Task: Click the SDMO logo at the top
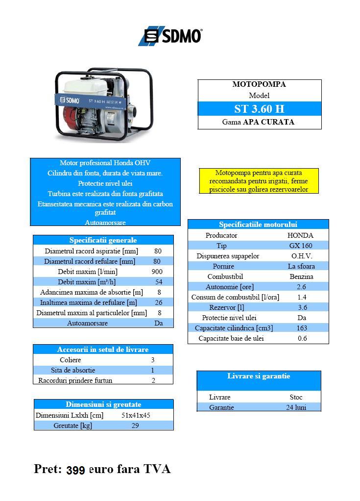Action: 170,36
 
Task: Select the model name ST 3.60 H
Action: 259,108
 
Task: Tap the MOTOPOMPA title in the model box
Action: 259,84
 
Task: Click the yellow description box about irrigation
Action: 259,181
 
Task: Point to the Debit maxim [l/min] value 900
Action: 157,272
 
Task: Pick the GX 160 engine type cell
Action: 300,246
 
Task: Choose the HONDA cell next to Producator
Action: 300,235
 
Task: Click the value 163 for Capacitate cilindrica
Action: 302,328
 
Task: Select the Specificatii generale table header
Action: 103,240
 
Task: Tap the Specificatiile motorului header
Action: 258,225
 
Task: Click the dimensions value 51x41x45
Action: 136,415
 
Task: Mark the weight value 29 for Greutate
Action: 135,426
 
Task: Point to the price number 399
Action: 75,470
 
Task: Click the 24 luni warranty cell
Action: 296,407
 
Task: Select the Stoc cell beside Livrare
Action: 296,397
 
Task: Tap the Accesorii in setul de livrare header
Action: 103,350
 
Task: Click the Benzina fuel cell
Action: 301,276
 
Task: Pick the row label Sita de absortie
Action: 73,370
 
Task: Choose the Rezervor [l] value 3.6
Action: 302,307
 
